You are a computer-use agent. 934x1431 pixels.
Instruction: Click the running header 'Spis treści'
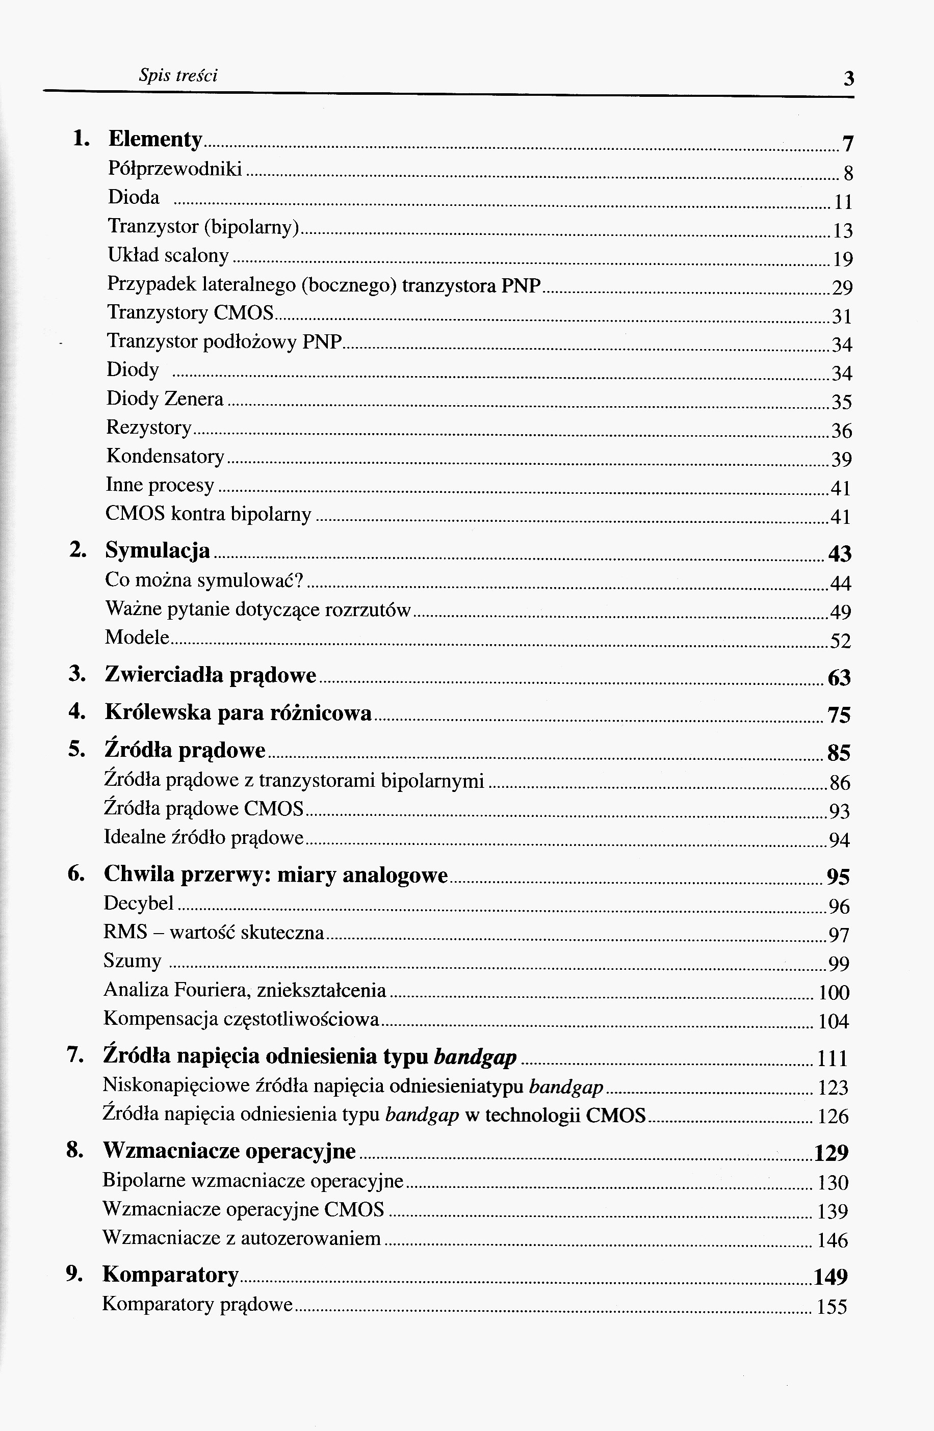click(178, 76)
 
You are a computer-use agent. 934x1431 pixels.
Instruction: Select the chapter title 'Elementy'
click(155, 139)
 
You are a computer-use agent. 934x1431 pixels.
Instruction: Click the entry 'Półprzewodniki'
click(174, 169)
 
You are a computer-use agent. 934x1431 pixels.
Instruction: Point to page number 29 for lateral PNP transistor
click(842, 288)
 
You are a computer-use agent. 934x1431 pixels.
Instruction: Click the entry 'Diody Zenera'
click(165, 399)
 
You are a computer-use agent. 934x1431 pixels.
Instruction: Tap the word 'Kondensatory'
click(165, 456)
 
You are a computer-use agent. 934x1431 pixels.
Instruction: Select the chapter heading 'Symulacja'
click(158, 550)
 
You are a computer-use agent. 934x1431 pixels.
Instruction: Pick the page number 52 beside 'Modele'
click(840, 641)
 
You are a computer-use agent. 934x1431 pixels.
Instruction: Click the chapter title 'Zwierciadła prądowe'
click(211, 675)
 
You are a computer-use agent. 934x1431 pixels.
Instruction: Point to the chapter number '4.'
click(76, 712)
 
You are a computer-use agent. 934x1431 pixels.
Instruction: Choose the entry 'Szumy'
click(133, 961)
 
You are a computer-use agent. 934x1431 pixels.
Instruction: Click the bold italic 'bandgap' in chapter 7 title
click(475, 1057)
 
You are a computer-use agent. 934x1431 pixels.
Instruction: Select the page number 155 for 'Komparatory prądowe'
click(832, 1307)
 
